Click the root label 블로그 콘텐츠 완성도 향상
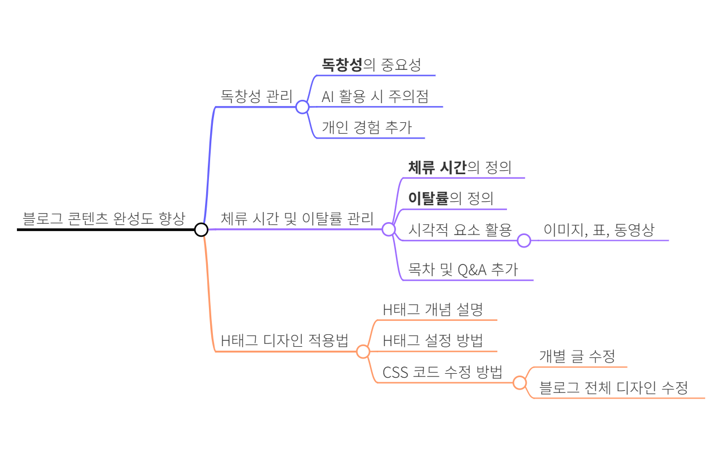(104, 219)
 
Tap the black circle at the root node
(201, 229)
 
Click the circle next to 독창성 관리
(302, 107)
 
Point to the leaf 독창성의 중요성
(371, 65)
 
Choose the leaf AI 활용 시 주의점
(375, 96)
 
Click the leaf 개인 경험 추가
(367, 127)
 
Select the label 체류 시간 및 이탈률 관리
(297, 219)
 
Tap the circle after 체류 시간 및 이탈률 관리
(388, 229)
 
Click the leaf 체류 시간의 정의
(460, 167)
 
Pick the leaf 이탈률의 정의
(451, 198)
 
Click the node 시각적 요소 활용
(460, 230)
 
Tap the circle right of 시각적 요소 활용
(524, 241)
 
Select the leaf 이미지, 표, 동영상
(599, 230)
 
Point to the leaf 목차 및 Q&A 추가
(463, 269)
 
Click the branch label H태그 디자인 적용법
(284, 341)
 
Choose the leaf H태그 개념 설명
(433, 309)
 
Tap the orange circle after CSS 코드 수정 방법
(519, 383)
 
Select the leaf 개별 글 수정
(577, 356)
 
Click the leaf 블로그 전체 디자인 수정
(613, 388)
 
